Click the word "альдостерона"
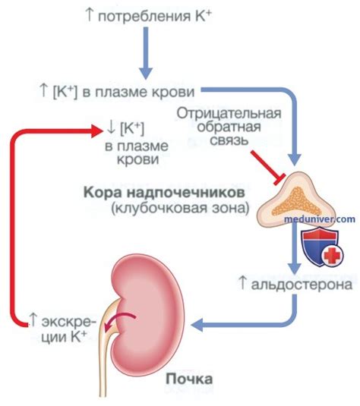pyautogui.click(x=303, y=285)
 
